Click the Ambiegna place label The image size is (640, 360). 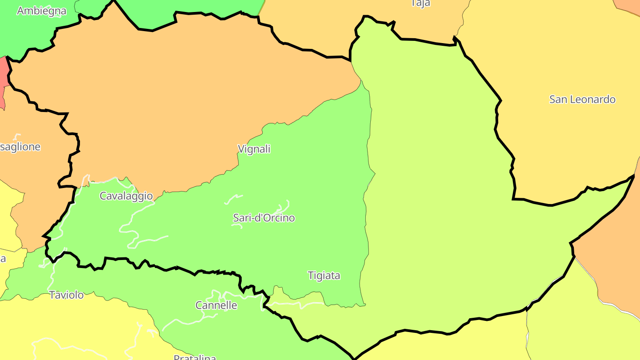41,11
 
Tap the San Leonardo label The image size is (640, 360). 582,99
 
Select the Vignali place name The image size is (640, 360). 254,149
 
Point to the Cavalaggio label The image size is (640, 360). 126,196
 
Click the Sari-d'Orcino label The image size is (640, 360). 264,218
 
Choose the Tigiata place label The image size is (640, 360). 324,276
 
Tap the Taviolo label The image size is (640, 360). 66,295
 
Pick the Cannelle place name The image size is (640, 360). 216,305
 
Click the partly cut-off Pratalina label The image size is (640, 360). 195,357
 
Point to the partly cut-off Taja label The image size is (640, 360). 420,4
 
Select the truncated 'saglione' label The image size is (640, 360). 20,147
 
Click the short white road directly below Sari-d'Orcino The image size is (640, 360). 236,225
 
